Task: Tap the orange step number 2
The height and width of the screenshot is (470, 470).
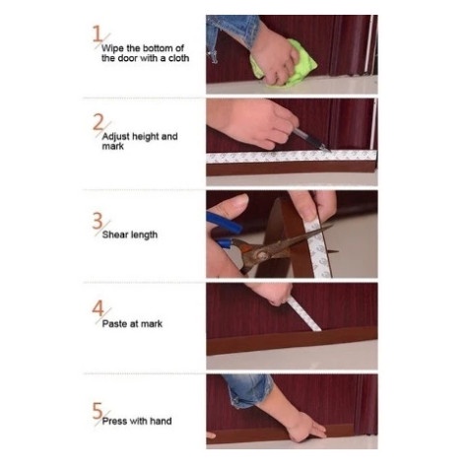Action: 97,122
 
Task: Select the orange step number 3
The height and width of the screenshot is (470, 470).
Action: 97,222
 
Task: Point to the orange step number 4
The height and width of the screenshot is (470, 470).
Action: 97,308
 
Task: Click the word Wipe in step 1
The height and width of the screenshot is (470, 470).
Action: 113,47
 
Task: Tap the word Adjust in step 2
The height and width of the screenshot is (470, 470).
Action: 117,136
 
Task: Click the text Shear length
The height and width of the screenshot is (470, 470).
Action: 130,235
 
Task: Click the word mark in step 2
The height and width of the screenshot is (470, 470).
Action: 111,146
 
